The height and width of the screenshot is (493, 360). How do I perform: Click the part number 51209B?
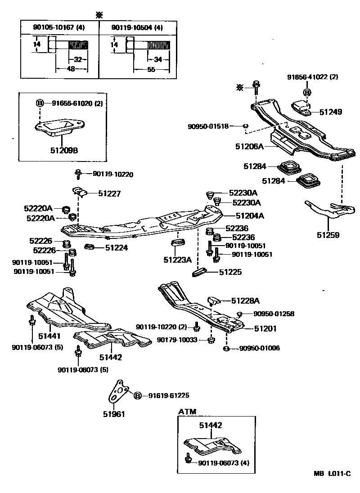coord(63,150)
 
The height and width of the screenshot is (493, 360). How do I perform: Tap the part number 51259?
coord(328,234)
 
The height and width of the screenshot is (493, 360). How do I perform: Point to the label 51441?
coord(49,336)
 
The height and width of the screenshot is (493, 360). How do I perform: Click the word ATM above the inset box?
coord(187,412)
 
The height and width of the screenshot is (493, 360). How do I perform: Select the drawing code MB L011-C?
coord(332,474)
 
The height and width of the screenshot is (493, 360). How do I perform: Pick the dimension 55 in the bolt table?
coord(151,69)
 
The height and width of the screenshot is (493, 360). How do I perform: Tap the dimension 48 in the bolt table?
coord(71,69)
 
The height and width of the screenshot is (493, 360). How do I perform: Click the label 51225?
coord(230,272)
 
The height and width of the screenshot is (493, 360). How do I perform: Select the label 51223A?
coord(177,260)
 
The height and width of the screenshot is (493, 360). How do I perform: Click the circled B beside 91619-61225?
coord(138,395)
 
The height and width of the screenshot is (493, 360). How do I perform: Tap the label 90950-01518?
coord(208,126)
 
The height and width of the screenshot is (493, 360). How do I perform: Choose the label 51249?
coord(331,111)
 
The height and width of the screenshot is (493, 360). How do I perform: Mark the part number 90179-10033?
coord(177,340)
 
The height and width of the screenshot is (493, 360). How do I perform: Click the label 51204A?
coord(250,216)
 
